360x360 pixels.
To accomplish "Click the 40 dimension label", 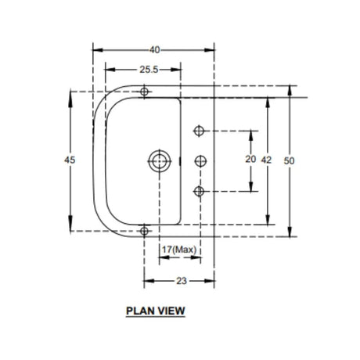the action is (154, 50).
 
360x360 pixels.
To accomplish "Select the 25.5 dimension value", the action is (149, 70).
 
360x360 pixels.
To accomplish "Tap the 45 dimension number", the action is (70, 160).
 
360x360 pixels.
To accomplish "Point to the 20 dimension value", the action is (250, 159).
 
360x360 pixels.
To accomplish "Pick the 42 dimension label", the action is (266, 160).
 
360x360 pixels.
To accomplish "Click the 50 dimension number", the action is (289, 161).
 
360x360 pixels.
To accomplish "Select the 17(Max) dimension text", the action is (179, 250).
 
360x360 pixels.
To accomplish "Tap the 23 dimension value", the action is (182, 281).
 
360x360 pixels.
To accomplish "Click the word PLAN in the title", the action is (139, 311).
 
